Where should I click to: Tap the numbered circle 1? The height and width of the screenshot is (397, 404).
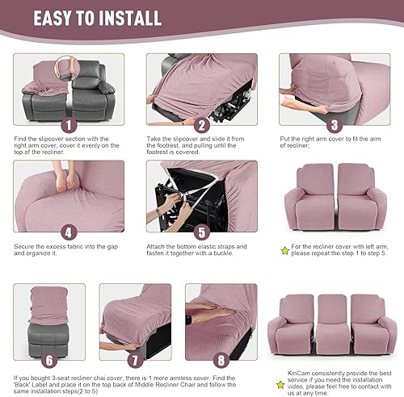[x=67, y=125]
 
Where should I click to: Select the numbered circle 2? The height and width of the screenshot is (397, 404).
[x=201, y=124]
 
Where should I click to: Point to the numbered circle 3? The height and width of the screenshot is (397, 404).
[x=335, y=124]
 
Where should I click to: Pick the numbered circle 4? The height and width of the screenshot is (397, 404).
[x=67, y=229]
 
